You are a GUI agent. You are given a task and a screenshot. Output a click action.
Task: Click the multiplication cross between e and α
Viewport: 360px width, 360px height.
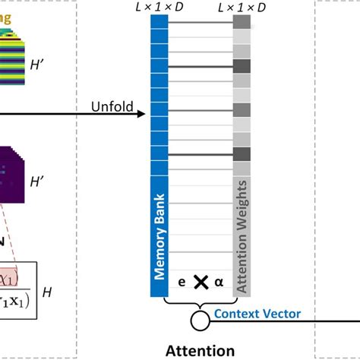(x=201, y=283)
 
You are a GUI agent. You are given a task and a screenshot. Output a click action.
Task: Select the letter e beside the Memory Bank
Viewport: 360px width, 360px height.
(x=181, y=283)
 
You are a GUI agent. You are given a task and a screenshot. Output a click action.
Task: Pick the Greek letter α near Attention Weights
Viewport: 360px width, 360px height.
(x=219, y=283)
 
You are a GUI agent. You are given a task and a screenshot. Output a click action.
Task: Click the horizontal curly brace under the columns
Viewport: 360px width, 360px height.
(x=201, y=304)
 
